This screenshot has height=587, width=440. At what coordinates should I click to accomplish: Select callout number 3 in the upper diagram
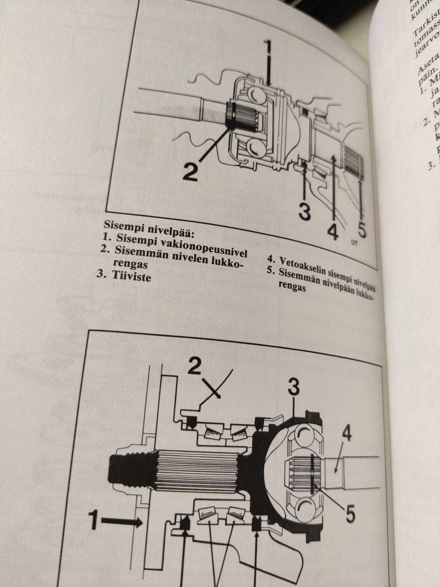point(304,211)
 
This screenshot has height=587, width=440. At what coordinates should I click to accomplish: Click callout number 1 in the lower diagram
point(93,521)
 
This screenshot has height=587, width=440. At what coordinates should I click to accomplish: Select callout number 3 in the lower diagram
point(294,388)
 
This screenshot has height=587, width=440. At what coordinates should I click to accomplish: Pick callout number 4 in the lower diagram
point(347,433)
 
